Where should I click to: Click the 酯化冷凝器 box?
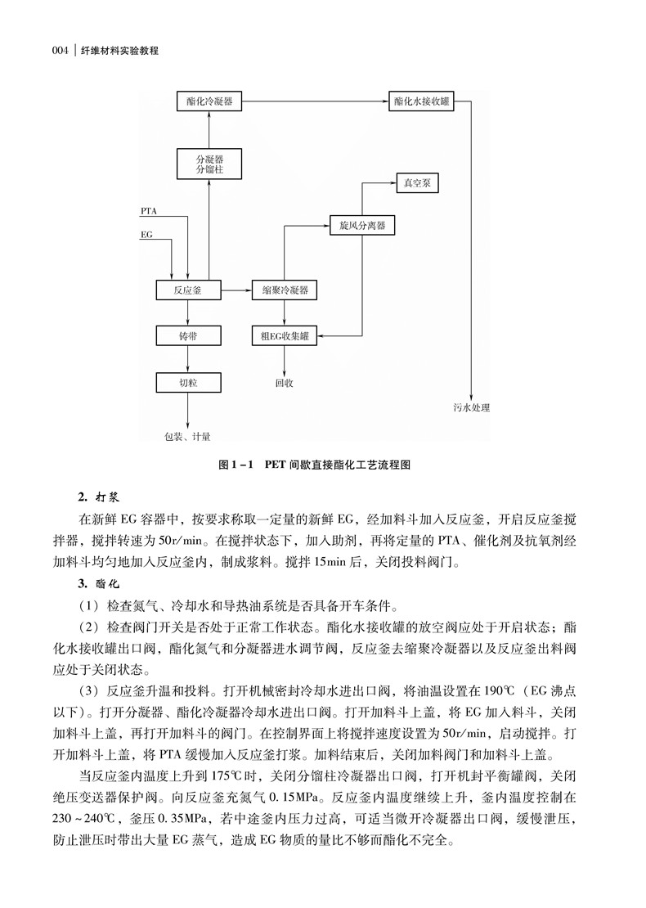209,102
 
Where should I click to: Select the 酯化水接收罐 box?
422,102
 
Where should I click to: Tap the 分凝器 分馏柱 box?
209,164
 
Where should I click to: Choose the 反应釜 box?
188,290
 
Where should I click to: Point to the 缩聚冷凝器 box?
285,290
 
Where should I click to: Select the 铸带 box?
188,335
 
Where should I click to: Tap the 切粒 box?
188,381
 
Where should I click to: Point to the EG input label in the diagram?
146,235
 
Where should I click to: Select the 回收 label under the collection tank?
284,381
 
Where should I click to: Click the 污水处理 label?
472,407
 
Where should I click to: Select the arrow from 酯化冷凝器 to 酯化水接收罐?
315,102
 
